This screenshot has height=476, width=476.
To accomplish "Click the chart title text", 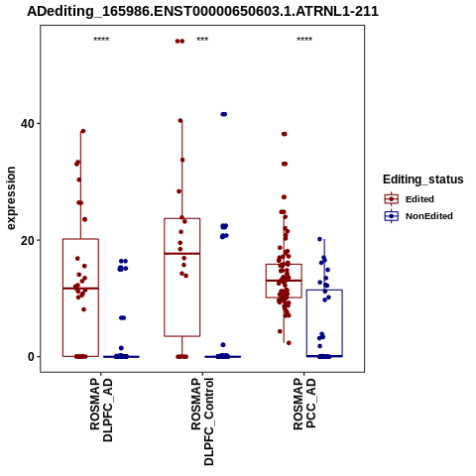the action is [202, 11].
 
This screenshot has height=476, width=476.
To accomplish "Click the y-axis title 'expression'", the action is [11, 198].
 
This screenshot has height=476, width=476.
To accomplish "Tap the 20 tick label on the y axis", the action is [28, 240].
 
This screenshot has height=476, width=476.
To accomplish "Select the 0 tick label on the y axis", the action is [31, 357].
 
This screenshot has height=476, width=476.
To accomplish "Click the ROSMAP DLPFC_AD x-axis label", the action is [101, 410].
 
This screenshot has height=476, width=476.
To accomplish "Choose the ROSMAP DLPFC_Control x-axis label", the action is [202, 421].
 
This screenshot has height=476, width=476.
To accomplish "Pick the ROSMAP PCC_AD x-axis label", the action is [304, 404].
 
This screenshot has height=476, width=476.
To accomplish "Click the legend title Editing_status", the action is [423, 179].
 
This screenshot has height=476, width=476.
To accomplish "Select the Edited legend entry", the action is [410, 199].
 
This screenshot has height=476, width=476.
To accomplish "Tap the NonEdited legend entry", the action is [418, 216].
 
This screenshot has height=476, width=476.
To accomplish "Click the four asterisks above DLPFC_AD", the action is [101, 40].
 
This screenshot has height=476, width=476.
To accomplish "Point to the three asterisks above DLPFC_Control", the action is [202, 40].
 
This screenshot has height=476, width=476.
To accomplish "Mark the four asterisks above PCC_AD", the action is [304, 40].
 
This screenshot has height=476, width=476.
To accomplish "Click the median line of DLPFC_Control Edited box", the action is [182, 254].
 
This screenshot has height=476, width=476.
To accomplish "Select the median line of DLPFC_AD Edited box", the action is [80, 289].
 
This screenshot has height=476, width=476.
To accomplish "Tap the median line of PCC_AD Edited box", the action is [284, 281].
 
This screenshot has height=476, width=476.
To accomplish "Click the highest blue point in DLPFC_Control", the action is [224, 114].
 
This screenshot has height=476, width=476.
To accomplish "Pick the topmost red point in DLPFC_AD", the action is [83, 131].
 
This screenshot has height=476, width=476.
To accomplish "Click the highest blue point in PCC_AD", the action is [319, 239].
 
